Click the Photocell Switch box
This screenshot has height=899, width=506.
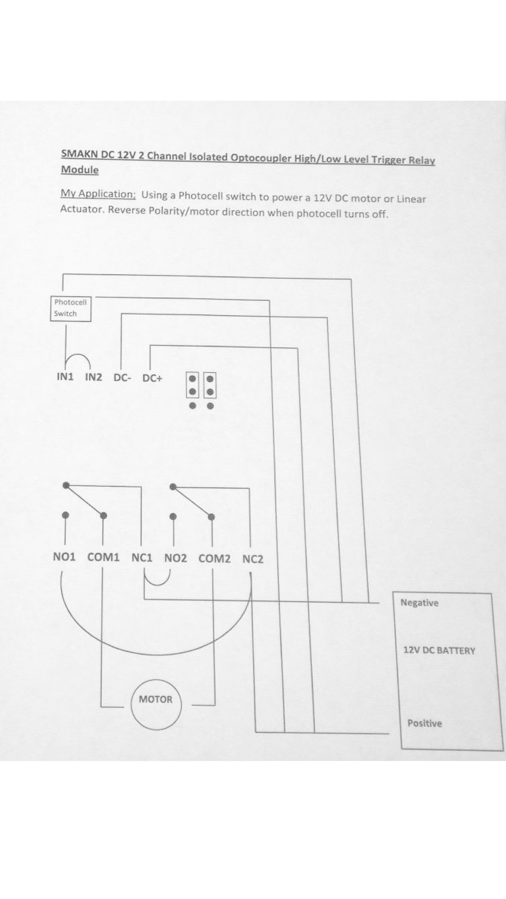(x=71, y=308)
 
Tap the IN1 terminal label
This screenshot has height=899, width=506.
(x=65, y=377)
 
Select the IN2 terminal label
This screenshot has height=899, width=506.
(x=94, y=377)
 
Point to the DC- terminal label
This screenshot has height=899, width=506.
(x=122, y=378)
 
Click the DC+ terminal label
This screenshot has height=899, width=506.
(x=152, y=378)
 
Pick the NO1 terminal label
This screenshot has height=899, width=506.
(x=64, y=557)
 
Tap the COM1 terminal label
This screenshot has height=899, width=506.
(x=103, y=557)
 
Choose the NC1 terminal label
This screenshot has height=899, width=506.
(x=142, y=558)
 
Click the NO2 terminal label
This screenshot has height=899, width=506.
(x=175, y=558)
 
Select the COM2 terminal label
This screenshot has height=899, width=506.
(x=214, y=559)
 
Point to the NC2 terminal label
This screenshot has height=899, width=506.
(x=253, y=559)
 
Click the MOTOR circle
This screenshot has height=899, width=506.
(x=156, y=704)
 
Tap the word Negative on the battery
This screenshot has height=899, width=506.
(x=419, y=603)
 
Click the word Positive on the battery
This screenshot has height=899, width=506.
(x=425, y=723)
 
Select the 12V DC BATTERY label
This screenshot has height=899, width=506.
(x=439, y=650)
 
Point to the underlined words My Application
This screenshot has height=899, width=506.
(x=98, y=194)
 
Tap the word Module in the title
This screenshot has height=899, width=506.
(x=80, y=169)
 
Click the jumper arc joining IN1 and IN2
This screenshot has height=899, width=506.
(x=78, y=356)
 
